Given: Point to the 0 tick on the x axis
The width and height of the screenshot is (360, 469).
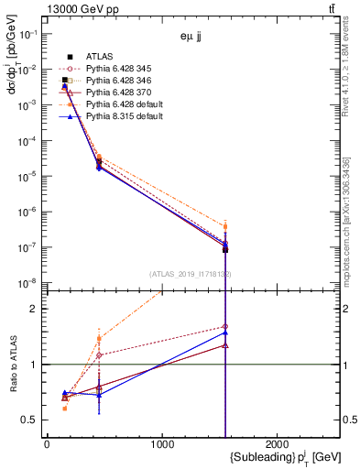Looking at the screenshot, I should coord(47,444).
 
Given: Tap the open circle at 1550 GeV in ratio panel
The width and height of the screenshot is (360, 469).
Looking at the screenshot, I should coord(225,326).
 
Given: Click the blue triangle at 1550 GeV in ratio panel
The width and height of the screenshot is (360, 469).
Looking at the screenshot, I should coord(225,333).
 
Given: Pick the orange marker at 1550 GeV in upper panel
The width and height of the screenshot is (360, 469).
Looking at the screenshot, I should coord(225,226).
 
